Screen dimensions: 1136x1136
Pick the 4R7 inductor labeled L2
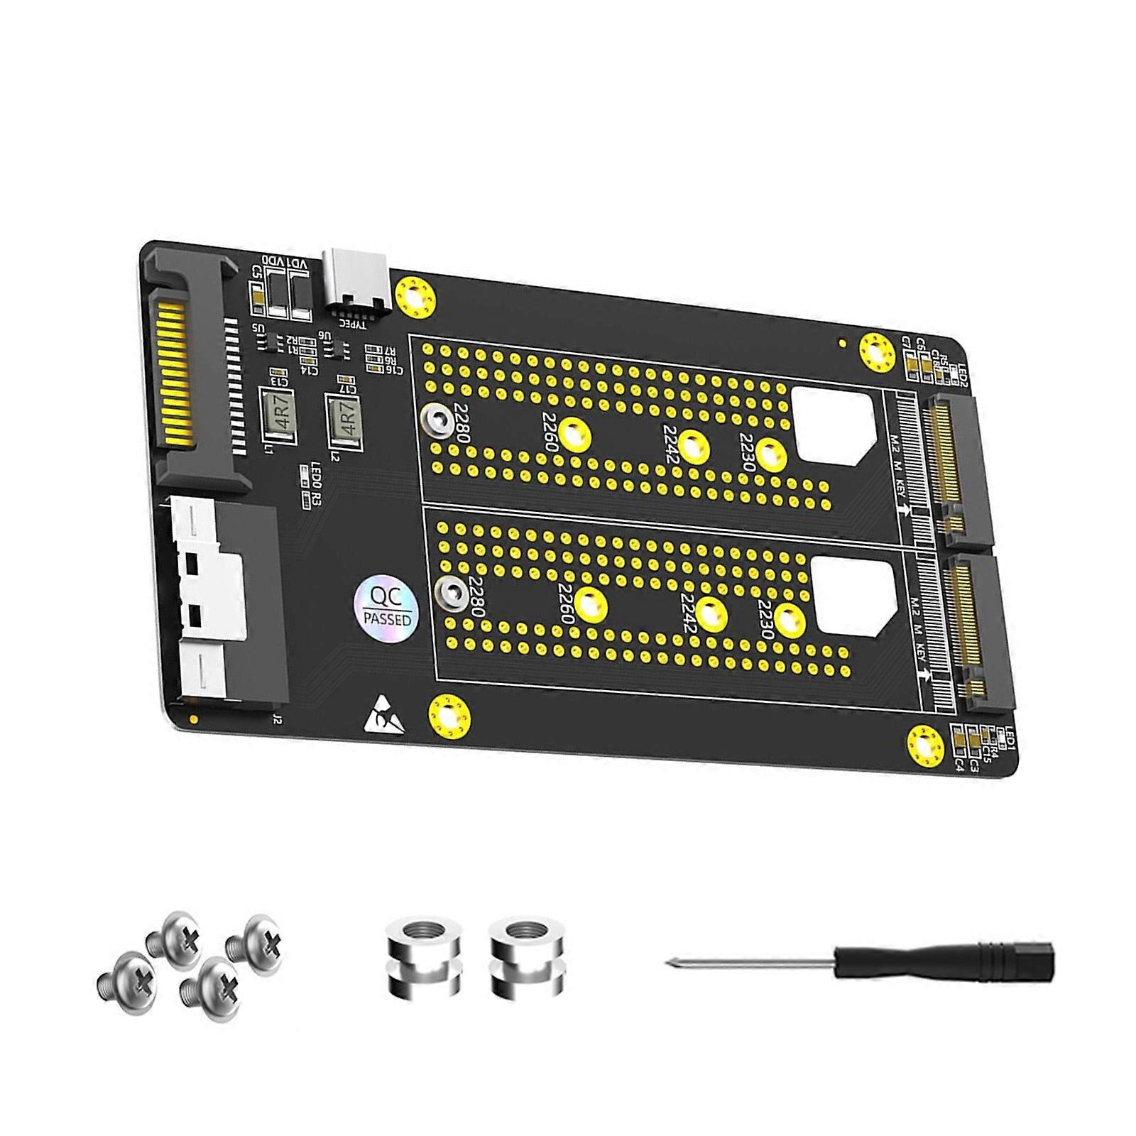click(x=343, y=421)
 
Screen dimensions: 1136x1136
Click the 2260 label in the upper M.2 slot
click(x=550, y=431)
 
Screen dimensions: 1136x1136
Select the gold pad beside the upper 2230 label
click(x=771, y=454)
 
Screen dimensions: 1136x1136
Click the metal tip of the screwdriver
click(x=672, y=963)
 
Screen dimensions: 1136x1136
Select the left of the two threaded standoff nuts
click(x=423, y=956)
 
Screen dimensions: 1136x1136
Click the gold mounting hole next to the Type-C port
click(x=415, y=296)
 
